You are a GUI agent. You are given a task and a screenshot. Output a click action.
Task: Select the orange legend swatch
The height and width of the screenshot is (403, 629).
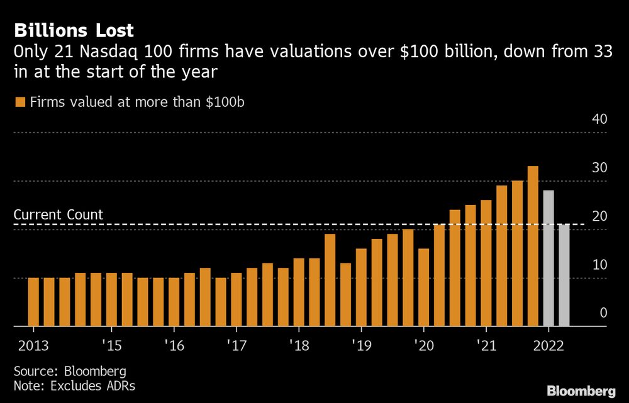click(19, 102)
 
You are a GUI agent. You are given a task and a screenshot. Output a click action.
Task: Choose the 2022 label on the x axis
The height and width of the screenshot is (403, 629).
click(548, 345)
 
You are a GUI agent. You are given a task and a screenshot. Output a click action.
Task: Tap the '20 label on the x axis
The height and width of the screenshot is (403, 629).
click(423, 345)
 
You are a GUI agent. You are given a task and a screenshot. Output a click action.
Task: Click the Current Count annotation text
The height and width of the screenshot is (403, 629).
click(58, 215)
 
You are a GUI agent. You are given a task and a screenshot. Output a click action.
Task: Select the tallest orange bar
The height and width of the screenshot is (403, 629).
click(533, 246)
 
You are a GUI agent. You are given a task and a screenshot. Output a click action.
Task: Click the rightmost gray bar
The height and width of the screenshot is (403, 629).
click(564, 275)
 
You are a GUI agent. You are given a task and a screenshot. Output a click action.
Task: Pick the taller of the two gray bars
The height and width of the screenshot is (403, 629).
click(548, 258)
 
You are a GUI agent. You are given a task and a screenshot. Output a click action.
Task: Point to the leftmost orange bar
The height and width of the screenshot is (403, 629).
click(33, 302)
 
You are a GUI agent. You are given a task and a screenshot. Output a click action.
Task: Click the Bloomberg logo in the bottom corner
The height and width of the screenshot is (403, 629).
click(581, 390)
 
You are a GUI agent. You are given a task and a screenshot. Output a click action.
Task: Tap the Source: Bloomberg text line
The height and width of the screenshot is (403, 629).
click(70, 370)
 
